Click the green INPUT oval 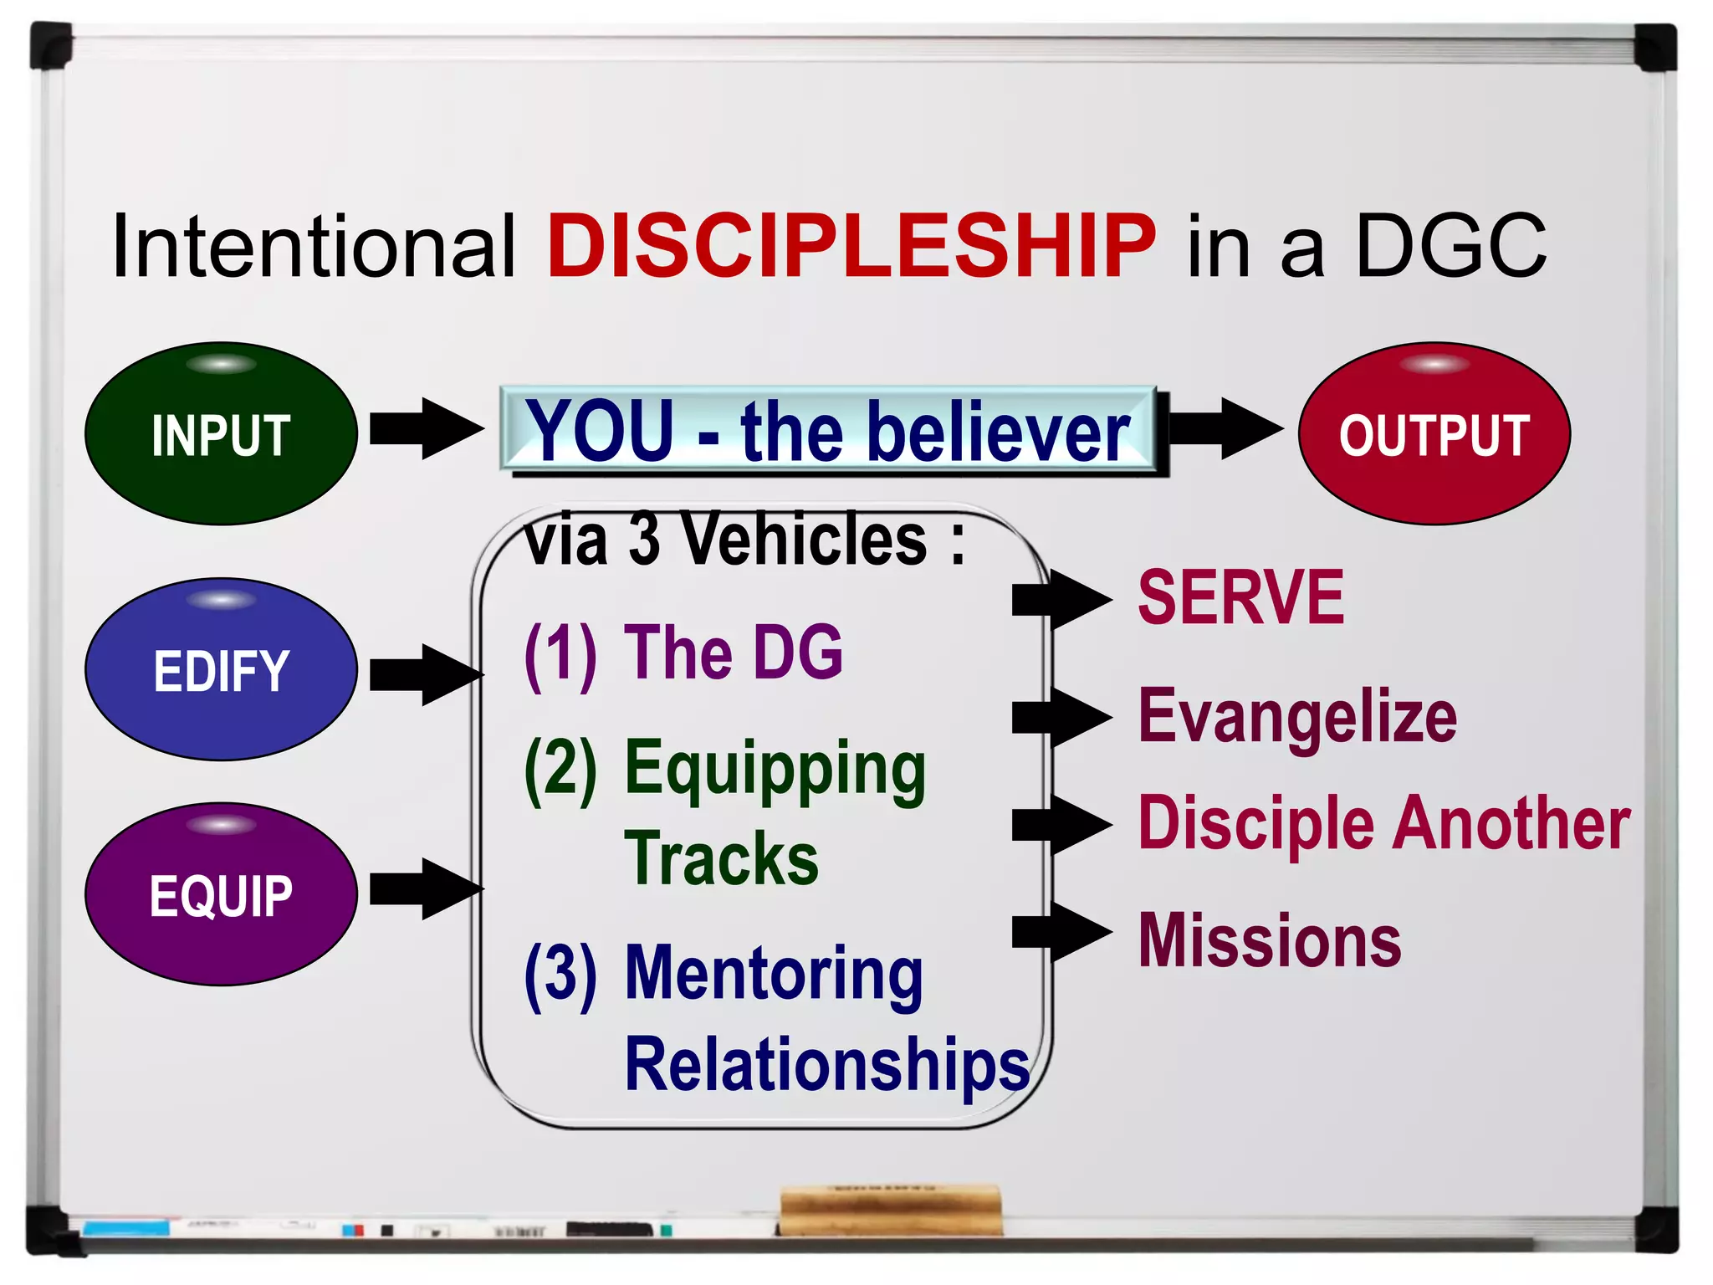tap(221, 433)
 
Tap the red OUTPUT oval tap(1434, 433)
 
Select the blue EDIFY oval tap(221, 669)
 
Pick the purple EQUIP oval tap(221, 893)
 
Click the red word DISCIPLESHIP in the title tap(851, 246)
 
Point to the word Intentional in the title tap(314, 246)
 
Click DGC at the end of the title tap(1451, 246)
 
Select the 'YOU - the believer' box tap(828, 430)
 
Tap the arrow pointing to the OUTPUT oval tap(1226, 429)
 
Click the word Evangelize tap(1297, 718)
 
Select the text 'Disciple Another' tap(1384, 825)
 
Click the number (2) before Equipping tap(560, 770)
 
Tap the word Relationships tap(827, 1064)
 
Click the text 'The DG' tap(734, 653)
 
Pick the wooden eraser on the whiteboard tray tap(891, 1210)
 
